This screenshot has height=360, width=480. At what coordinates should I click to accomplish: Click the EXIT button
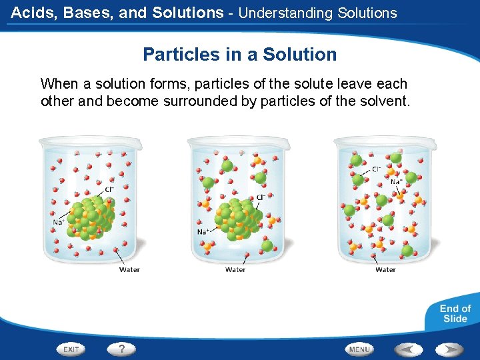[71, 349]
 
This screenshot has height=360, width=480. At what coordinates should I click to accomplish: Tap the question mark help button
[121, 349]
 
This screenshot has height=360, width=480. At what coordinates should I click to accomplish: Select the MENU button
[359, 349]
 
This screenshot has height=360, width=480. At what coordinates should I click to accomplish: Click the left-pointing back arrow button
[407, 349]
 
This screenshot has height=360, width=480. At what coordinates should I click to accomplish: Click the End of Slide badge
[455, 313]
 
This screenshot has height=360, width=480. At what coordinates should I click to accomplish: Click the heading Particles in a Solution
[240, 55]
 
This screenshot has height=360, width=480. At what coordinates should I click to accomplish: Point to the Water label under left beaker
[129, 269]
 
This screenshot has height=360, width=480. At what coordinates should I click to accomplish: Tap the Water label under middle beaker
[235, 269]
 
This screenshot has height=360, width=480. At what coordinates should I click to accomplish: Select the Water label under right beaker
[385, 269]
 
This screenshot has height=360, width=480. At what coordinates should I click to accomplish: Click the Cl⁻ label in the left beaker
[109, 189]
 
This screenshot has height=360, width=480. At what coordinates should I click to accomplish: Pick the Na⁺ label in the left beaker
[59, 222]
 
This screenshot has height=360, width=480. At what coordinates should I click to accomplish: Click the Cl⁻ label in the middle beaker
[261, 197]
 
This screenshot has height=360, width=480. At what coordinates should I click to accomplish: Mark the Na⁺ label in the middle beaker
[203, 231]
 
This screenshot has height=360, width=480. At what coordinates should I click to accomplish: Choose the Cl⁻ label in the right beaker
[377, 169]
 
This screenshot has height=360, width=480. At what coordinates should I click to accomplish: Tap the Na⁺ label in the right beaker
[396, 181]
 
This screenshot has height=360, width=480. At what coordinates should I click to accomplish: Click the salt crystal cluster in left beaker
[91, 217]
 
